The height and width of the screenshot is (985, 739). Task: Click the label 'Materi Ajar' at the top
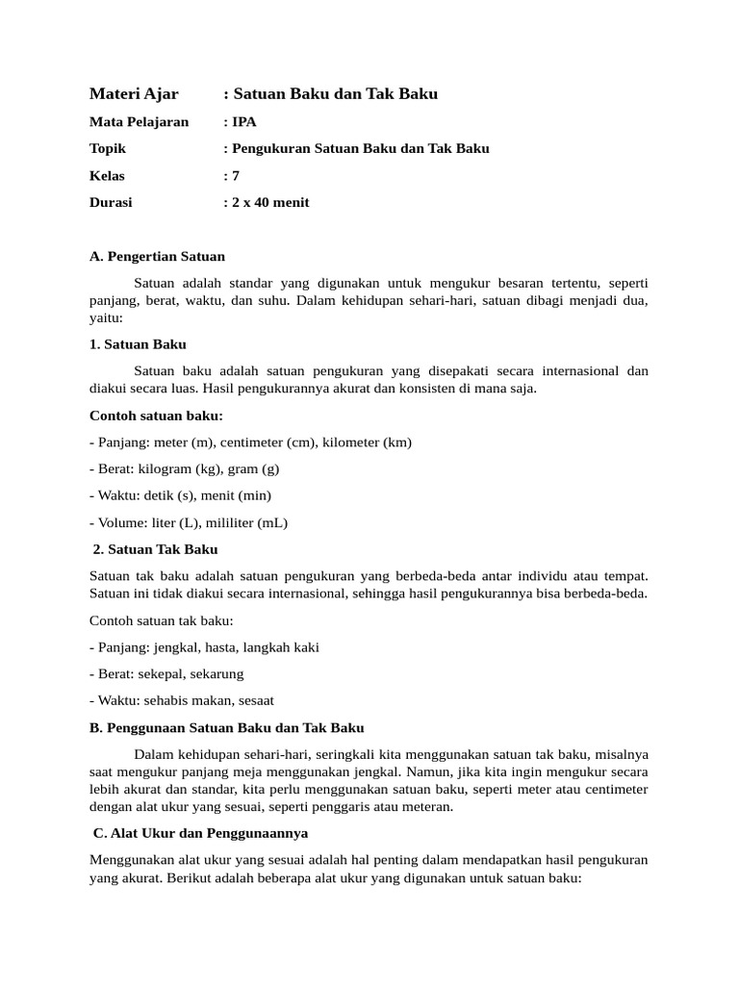pos(134,93)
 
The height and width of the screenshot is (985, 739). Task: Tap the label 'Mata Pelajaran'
pos(139,122)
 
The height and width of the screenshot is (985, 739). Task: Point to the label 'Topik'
pos(108,149)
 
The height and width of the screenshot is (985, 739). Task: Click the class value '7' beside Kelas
pos(236,176)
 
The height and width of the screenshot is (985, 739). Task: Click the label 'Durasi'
pos(111,203)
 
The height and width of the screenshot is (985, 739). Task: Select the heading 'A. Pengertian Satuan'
pos(157,257)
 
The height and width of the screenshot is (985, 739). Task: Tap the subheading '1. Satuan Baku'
pos(138,344)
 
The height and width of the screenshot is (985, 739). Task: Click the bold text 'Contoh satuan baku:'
pos(156,416)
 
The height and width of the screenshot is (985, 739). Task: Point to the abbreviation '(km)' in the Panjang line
pos(396,442)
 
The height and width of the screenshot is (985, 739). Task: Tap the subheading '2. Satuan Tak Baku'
pos(155,549)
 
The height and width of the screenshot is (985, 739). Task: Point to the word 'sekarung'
pos(217,674)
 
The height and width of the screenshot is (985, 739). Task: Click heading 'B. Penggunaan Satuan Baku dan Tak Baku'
pos(227,728)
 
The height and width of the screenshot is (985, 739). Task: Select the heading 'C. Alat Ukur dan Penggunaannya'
pos(200,833)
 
